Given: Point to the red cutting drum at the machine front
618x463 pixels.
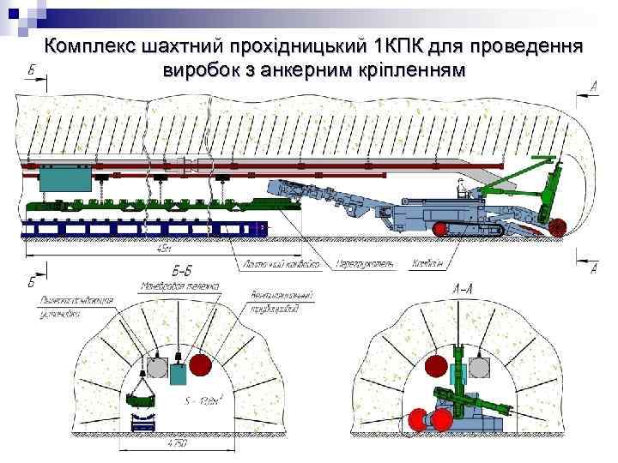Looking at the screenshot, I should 558,227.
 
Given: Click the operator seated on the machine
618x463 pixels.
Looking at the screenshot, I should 463,187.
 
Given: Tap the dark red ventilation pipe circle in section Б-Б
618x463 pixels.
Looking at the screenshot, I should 201,365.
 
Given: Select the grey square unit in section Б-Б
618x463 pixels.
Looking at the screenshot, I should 156,368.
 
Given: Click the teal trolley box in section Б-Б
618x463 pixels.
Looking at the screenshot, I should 179,374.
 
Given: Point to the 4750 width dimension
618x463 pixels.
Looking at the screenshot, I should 177,445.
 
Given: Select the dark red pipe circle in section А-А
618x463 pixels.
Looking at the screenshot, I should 435,363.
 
